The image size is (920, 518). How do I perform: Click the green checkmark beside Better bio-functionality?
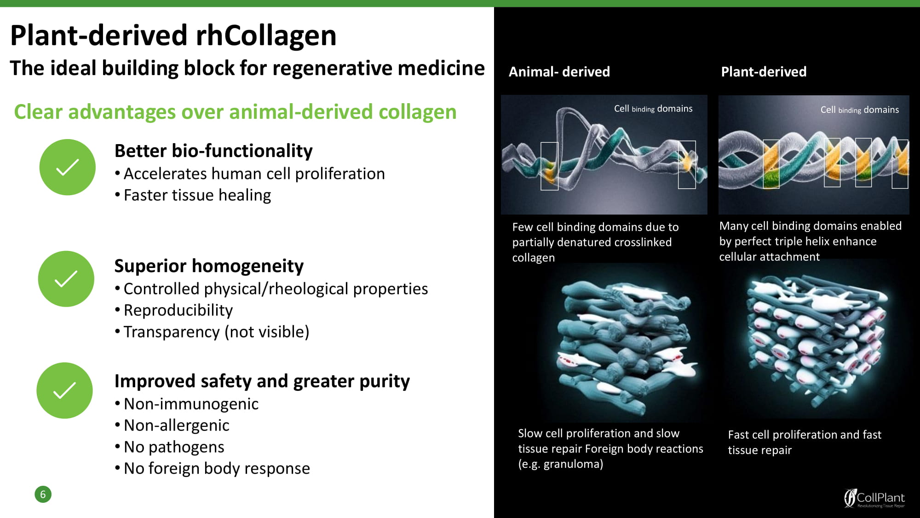click(68, 167)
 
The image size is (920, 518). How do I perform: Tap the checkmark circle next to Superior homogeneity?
click(66, 279)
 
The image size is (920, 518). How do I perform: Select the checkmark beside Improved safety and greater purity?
click(65, 390)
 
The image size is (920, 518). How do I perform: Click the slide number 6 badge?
click(43, 495)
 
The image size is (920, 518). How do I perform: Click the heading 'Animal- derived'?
click(559, 72)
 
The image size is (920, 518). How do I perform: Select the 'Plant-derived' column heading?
click(764, 72)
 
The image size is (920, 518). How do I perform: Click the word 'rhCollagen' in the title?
click(266, 36)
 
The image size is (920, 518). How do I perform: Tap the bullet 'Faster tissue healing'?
click(197, 195)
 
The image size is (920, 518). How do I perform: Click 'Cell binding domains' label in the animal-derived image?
click(653, 109)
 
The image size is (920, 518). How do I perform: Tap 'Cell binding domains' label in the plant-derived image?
click(860, 110)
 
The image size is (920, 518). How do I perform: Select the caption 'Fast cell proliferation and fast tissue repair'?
click(805, 442)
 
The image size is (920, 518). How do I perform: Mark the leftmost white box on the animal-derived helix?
click(549, 166)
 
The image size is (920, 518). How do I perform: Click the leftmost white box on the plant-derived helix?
click(771, 164)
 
